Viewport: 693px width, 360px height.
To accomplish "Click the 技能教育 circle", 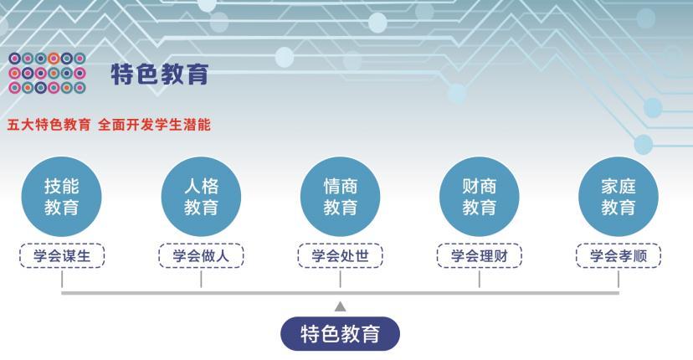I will coord(62,196).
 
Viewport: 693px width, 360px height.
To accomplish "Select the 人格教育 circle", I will coord(201,196).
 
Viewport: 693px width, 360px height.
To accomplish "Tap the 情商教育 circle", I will coord(340,196).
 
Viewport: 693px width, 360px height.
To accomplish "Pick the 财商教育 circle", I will coord(479,196).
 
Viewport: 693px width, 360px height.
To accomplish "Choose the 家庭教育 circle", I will coord(619,196).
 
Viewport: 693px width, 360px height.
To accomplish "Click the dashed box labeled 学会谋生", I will coord(62,256).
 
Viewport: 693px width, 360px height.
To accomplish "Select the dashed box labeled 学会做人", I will coord(201,256).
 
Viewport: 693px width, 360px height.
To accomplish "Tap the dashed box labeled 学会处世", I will coord(340,256).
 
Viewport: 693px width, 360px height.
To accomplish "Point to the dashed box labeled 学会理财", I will coord(479,256).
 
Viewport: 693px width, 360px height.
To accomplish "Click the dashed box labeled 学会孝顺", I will coord(619,256).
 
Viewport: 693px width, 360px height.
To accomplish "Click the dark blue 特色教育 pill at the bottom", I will coord(340,334).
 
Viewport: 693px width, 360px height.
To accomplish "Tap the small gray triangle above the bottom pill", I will coord(340,306).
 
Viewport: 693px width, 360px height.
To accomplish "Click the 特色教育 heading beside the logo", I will coord(159,74).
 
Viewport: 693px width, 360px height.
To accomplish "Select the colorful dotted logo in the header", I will coord(47,73).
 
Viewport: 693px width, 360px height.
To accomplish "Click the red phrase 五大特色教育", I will coord(49,125).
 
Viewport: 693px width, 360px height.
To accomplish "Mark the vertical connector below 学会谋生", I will coord(62,280).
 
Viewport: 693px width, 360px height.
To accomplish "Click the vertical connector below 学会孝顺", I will coord(619,280).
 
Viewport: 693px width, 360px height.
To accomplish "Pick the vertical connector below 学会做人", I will coord(201,280).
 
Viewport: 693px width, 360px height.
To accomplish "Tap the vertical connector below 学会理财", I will coord(479,280).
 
